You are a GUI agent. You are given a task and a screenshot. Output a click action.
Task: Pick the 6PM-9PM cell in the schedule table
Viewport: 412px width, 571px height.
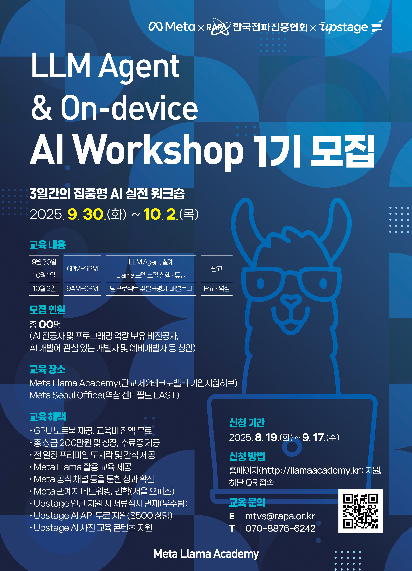click(x=82, y=269)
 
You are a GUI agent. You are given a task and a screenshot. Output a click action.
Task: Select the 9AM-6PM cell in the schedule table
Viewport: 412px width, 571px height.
click(x=82, y=289)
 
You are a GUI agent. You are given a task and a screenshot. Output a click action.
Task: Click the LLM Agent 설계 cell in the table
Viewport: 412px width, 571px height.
click(x=151, y=262)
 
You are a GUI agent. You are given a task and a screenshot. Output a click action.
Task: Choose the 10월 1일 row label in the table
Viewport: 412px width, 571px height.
click(x=44, y=275)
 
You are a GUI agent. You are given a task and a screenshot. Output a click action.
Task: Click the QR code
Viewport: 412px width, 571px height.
click(x=360, y=511)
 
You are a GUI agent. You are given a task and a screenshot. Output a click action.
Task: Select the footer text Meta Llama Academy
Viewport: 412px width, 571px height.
click(x=206, y=554)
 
